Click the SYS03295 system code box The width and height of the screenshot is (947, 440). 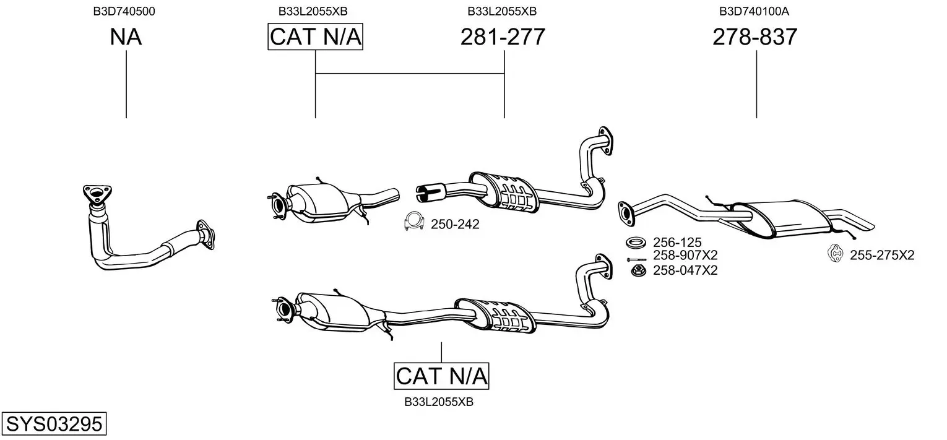53,425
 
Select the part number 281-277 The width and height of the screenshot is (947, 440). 503,37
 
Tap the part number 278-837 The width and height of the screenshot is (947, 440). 755,37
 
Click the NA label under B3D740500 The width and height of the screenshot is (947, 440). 126,37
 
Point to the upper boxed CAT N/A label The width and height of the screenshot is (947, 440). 315,37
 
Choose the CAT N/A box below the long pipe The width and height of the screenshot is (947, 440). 441,376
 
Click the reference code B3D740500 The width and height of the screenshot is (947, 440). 124,11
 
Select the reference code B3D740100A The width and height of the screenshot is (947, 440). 754,11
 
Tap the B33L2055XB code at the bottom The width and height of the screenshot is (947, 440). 439,402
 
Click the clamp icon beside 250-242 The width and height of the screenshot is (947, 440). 413,222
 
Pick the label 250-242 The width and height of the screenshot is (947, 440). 455,225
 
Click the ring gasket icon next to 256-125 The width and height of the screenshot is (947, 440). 636,242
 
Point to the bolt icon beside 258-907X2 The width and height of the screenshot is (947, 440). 636,259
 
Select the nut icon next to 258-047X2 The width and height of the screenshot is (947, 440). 637,270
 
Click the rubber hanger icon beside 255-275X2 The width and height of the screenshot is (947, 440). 836,254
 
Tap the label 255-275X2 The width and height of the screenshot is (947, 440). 881,255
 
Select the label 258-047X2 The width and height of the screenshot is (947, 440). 685,270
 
